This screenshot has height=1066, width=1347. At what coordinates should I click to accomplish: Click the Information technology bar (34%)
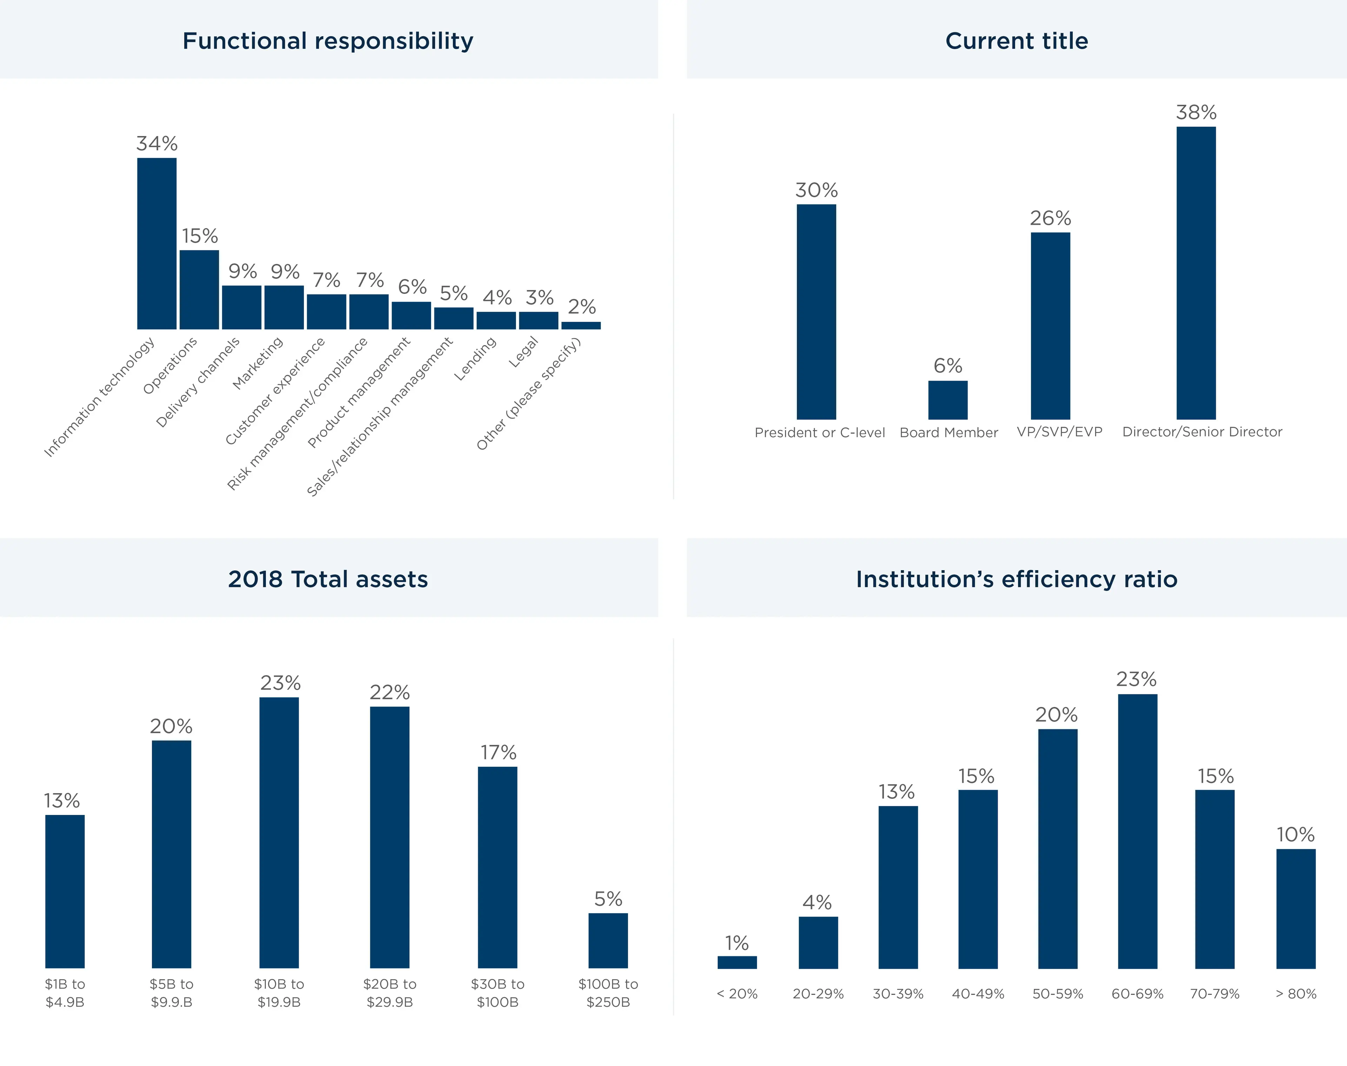[x=157, y=243]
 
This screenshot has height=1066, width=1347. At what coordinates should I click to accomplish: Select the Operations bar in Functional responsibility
[x=199, y=290]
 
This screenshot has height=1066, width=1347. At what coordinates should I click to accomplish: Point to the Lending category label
[x=475, y=358]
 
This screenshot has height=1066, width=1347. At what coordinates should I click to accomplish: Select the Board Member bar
[x=947, y=400]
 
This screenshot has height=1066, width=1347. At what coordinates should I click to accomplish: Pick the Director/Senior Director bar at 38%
[x=1196, y=273]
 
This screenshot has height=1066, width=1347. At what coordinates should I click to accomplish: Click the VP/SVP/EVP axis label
[x=1059, y=432]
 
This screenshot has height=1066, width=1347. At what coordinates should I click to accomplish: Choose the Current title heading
[x=1016, y=41]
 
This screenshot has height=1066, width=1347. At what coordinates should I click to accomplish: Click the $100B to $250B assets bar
[x=608, y=940]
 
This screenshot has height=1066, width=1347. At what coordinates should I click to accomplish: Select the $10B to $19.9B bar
[x=279, y=832]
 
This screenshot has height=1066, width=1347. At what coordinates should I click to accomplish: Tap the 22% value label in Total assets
[x=389, y=692]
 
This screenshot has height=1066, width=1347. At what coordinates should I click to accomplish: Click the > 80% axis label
[x=1296, y=994]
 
